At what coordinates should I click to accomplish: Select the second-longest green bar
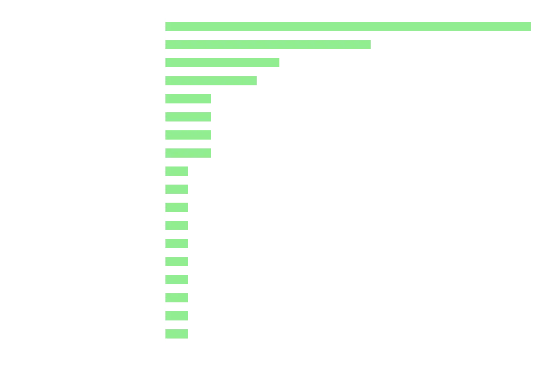coord(268,45)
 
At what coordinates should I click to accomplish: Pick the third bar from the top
coord(223,63)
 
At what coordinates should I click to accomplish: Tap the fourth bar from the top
coord(212,80)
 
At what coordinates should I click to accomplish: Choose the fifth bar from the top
coord(189,98)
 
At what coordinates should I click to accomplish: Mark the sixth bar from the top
coord(189,117)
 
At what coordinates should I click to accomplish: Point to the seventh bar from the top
coord(189,135)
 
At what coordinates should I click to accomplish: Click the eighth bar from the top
coord(189,154)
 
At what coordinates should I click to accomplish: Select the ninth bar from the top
coord(177,171)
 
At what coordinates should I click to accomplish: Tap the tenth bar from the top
coord(177,189)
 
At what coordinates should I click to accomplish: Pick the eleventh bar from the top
coord(177,207)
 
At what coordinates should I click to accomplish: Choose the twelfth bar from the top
coord(177,225)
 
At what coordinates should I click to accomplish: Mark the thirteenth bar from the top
coord(177,243)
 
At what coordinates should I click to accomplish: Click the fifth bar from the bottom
coord(177,262)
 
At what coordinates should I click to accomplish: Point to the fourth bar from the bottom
coord(177,280)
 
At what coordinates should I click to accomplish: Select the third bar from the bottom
coord(177,298)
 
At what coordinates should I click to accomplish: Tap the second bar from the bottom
coord(177,316)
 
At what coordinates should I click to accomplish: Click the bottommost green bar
coord(177,334)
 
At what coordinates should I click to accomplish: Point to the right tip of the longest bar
coord(531,26)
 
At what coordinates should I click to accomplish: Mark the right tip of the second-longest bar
coord(370,45)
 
